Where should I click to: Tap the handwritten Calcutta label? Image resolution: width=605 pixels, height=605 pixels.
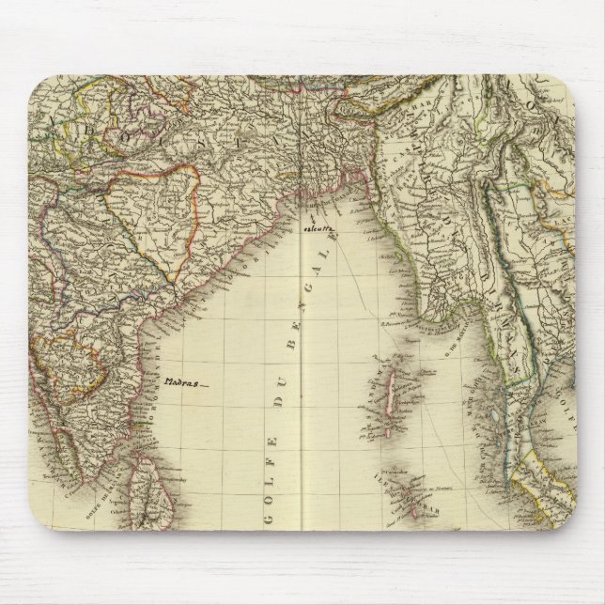[x=321, y=228]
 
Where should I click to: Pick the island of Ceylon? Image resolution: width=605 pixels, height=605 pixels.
[x=148, y=489]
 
